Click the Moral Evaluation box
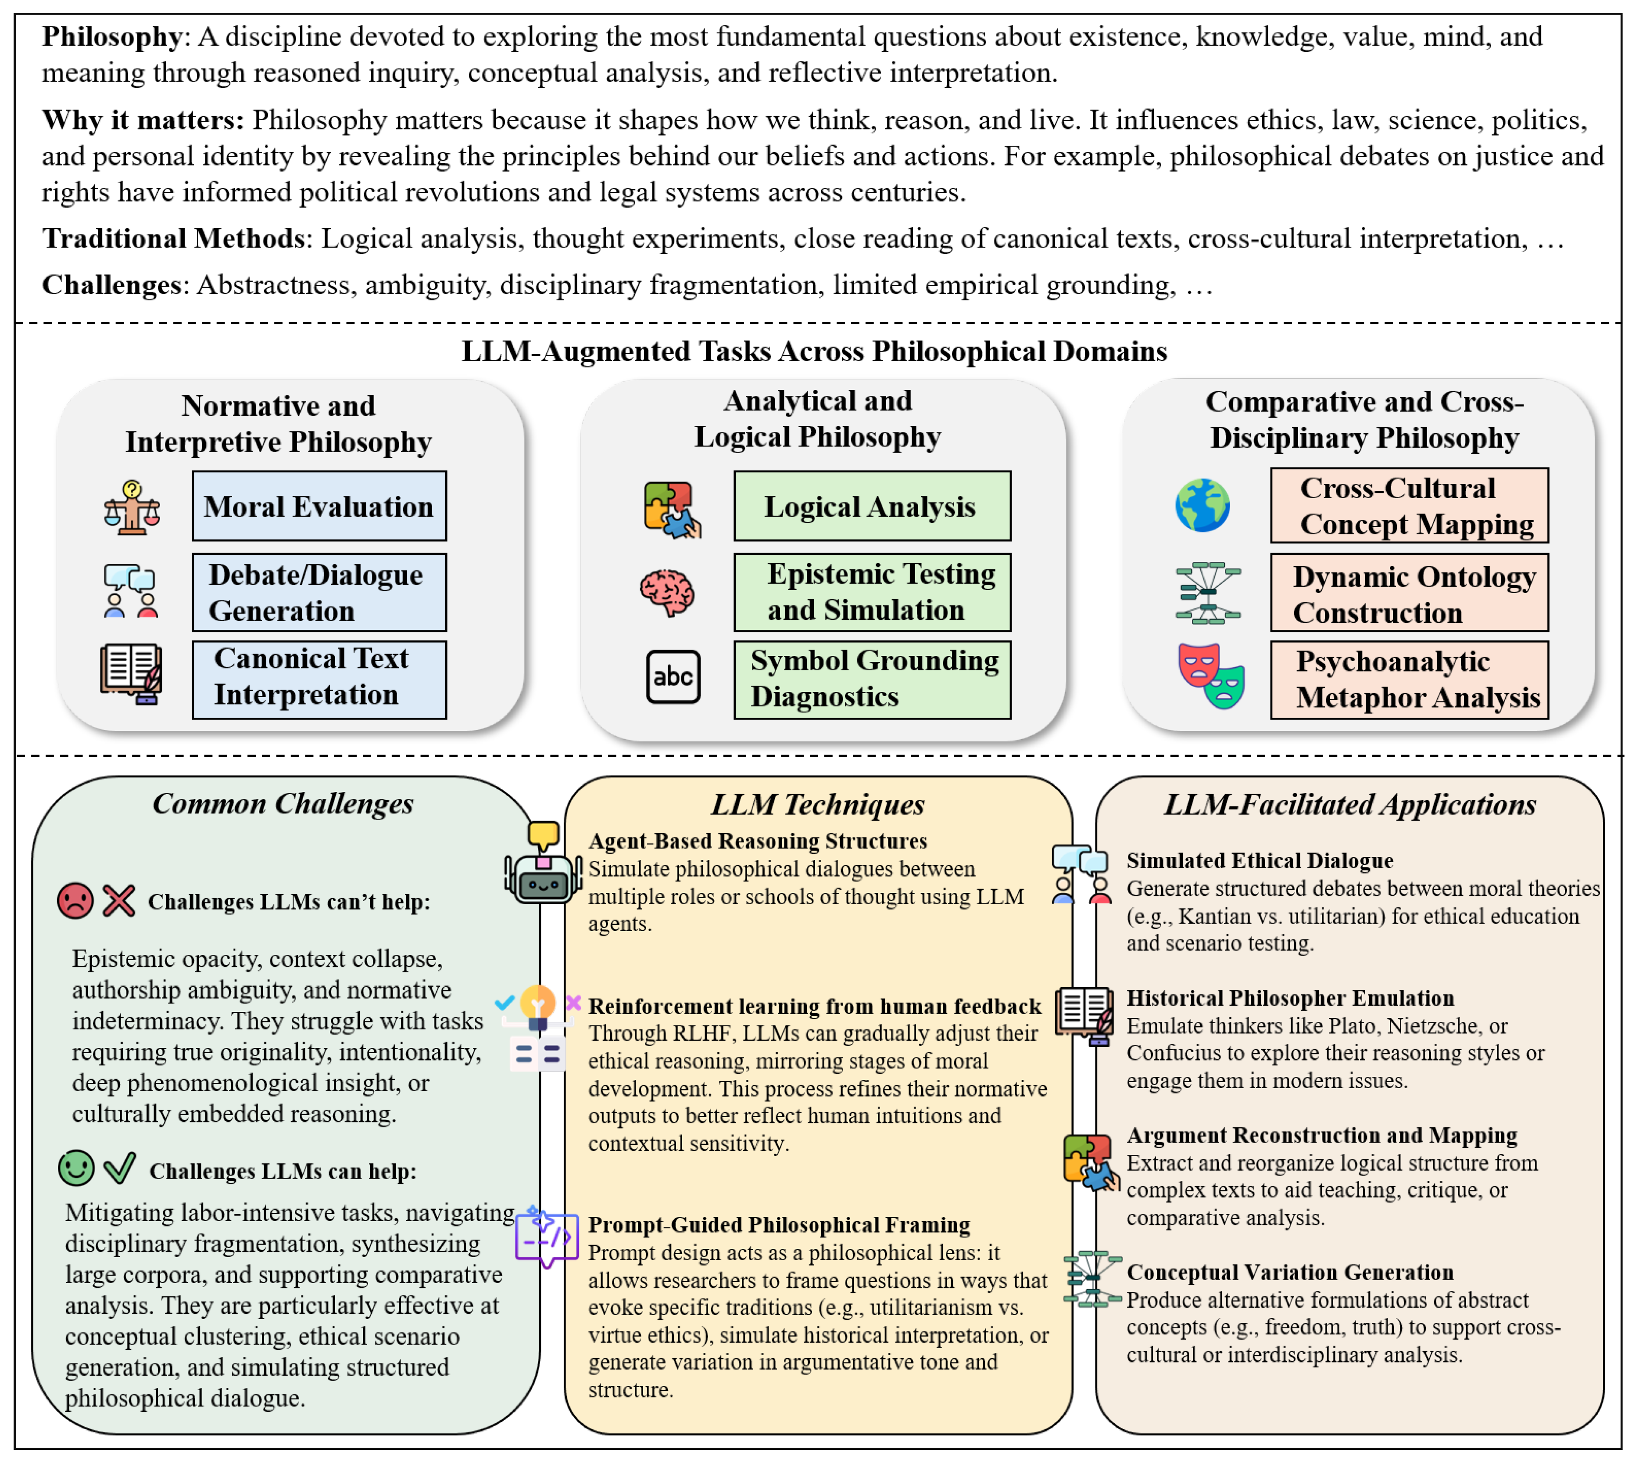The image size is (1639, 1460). (319, 506)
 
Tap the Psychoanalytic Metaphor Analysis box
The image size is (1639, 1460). (1409, 680)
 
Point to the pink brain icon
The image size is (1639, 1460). (667, 593)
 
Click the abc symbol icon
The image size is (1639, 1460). (673, 677)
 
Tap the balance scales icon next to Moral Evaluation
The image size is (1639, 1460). (132, 508)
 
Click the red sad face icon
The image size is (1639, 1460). (75, 901)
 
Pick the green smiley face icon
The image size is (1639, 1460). (76, 1169)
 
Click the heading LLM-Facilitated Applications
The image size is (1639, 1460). (1349, 805)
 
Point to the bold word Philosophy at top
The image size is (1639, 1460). (112, 36)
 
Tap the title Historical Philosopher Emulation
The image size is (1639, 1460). (1289, 998)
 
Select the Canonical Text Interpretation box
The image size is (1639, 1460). (319, 680)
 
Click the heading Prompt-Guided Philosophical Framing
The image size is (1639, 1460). (779, 1225)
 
